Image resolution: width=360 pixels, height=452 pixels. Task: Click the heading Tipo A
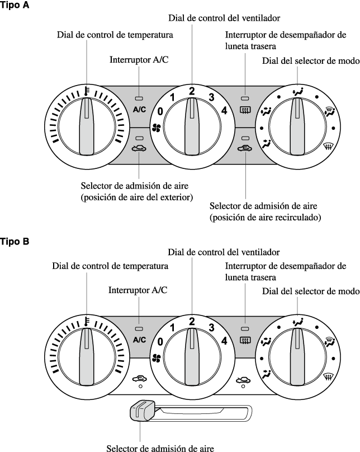(16, 5)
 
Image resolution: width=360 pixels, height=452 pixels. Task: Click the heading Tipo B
(16, 242)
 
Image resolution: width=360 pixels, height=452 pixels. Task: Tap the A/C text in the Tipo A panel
(139, 110)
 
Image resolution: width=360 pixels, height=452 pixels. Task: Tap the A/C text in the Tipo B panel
(139, 340)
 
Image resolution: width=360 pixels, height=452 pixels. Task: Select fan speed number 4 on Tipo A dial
(224, 111)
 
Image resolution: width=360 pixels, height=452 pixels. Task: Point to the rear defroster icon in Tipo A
(244, 110)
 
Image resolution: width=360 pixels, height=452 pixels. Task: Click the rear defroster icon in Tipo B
(244, 340)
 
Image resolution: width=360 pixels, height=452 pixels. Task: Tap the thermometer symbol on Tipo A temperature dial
(87, 90)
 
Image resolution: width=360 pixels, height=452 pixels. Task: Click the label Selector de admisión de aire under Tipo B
(160, 447)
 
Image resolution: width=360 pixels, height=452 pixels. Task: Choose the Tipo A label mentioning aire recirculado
(264, 212)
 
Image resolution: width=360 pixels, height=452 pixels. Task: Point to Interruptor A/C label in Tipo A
(138, 59)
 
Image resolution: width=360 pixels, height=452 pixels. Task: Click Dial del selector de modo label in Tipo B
(310, 291)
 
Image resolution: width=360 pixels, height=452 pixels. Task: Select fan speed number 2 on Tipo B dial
(192, 321)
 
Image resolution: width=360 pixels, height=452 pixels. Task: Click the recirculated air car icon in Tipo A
(244, 149)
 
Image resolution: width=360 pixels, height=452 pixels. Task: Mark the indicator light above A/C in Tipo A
(139, 97)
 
